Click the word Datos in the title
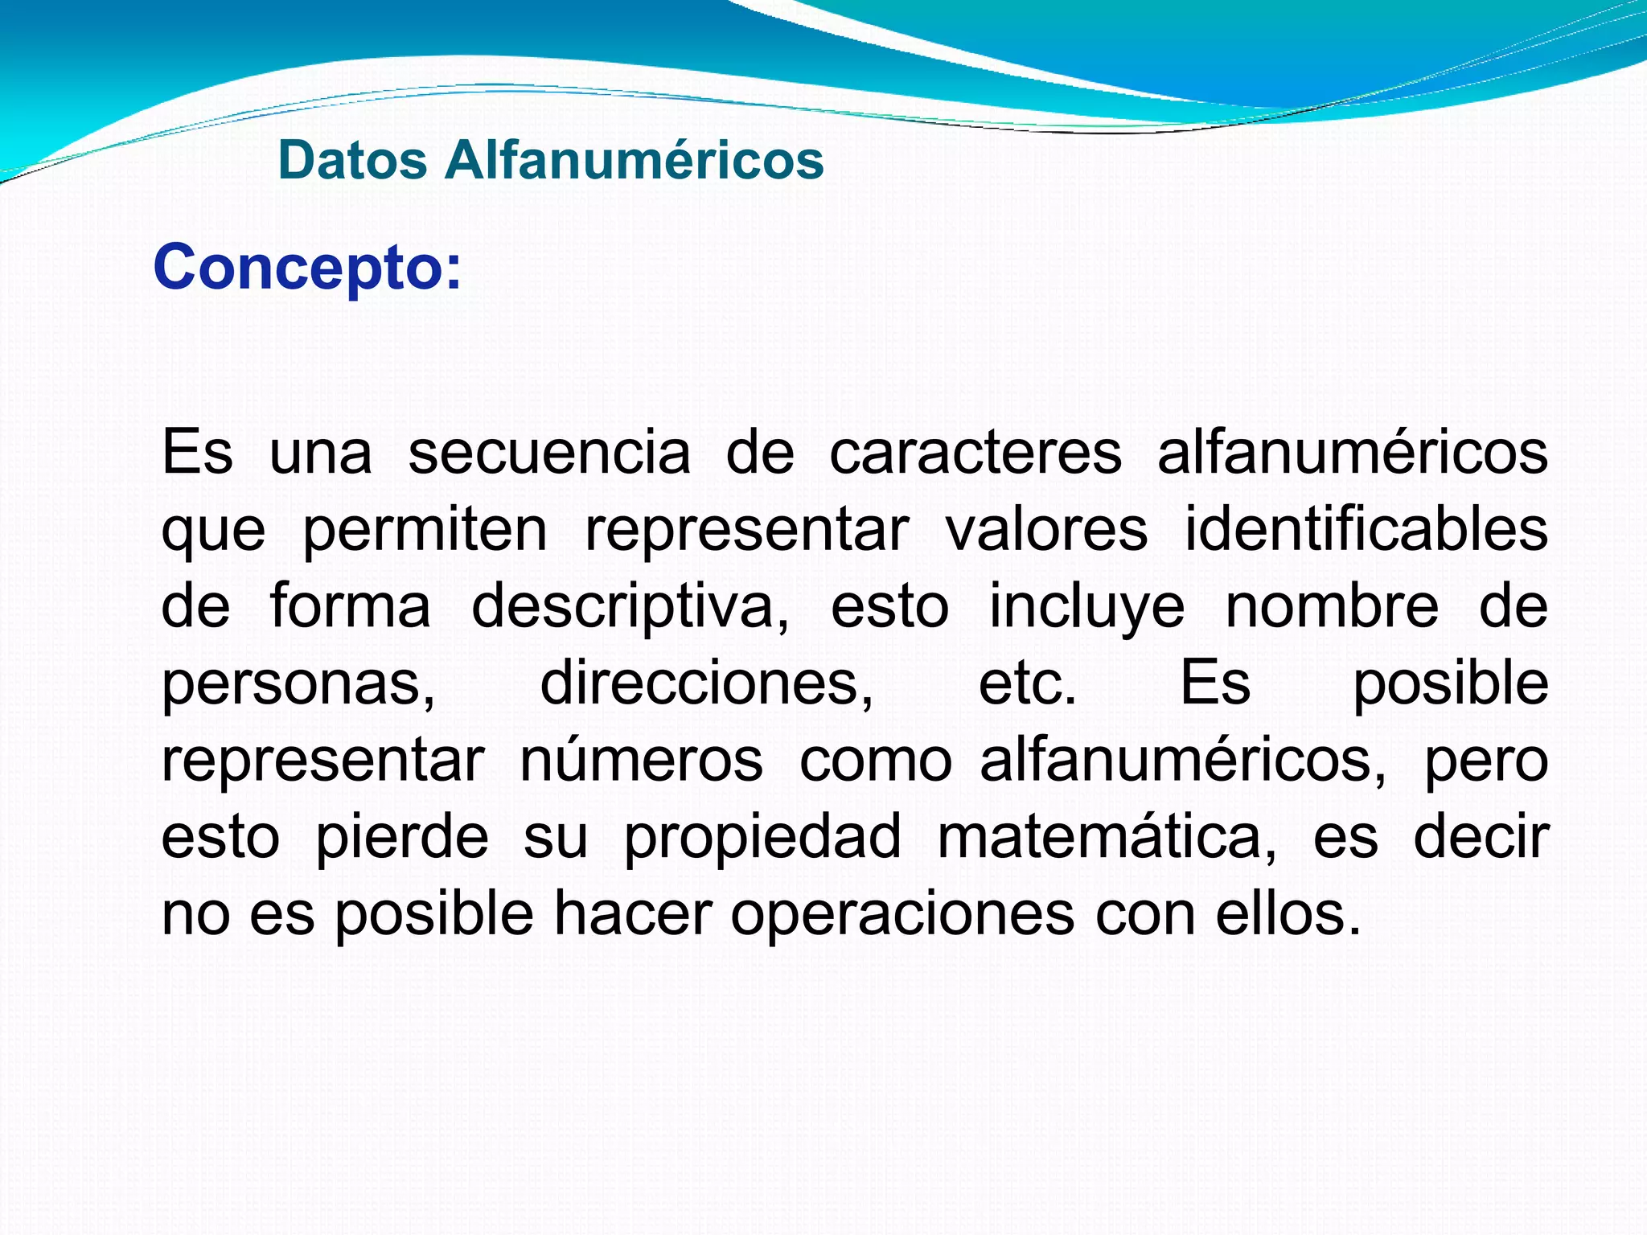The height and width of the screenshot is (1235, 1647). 352,160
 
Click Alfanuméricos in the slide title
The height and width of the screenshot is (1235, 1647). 634,160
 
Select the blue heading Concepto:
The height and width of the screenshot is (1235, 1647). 307,268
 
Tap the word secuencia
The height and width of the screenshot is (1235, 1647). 549,453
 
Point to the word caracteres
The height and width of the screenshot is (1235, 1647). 975,453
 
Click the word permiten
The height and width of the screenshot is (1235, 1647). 425,530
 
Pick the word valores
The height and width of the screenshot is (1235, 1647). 1046,530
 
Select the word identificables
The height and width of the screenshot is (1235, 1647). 1366,530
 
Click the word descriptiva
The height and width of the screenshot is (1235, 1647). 630,607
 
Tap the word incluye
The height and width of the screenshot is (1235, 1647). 1086,607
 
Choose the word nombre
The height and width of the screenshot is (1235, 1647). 1332,607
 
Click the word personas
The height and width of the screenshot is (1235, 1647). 298,684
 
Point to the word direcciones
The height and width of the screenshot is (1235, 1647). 706,684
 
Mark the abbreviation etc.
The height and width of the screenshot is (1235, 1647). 1027,684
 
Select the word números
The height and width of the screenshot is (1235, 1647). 641,761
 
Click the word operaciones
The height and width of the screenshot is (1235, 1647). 902,915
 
